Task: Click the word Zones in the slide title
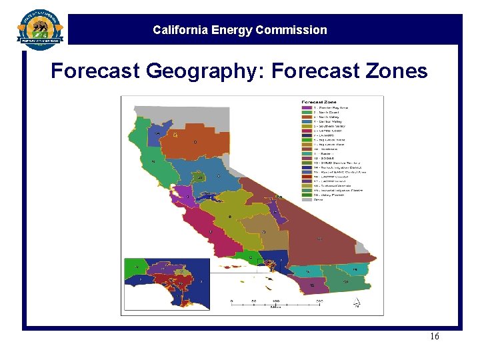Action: tap(395, 71)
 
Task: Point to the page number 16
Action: tap(434, 337)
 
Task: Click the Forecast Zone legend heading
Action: tap(317, 102)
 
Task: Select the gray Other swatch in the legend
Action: tap(306, 198)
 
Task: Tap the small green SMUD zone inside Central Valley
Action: tap(199, 178)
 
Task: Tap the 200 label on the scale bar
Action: tap(319, 301)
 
